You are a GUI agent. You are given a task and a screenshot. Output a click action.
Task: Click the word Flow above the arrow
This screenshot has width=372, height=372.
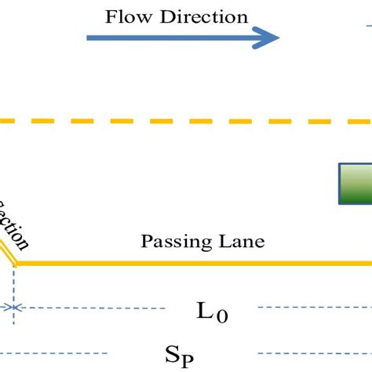click(x=126, y=16)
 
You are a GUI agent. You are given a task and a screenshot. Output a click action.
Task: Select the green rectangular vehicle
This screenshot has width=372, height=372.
click(x=355, y=184)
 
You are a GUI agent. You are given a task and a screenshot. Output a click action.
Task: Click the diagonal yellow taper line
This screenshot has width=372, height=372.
click(x=7, y=253)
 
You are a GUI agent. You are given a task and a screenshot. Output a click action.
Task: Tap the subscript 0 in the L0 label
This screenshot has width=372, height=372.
click(x=222, y=316)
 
